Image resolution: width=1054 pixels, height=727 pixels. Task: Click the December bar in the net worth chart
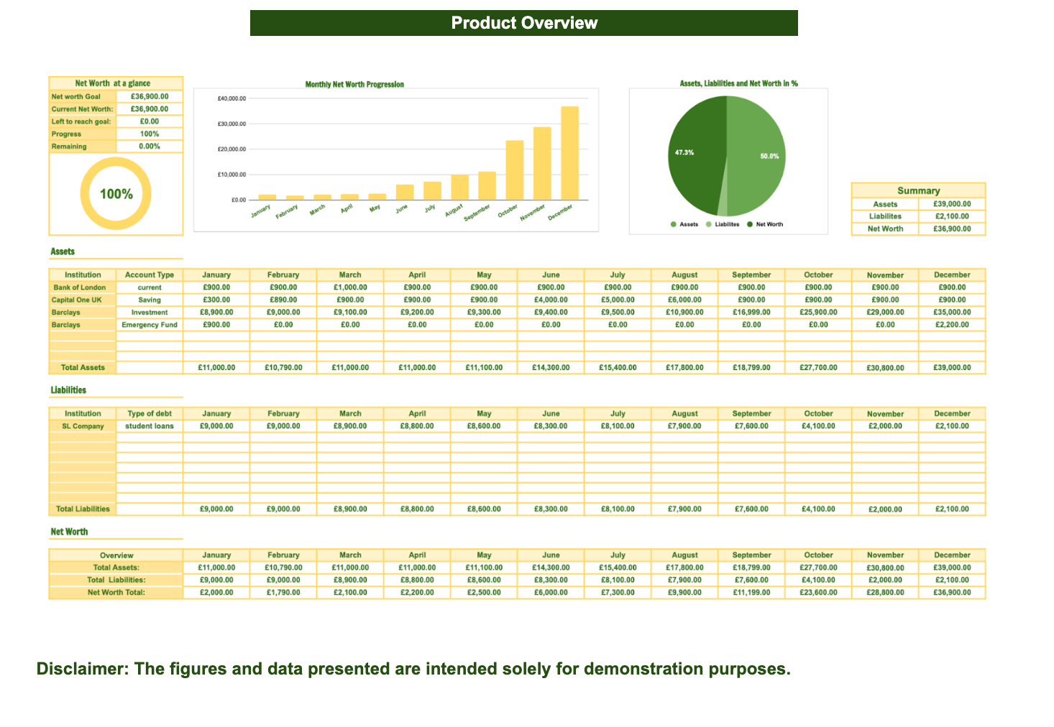click(569, 153)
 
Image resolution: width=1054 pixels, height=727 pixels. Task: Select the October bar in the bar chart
click(514, 170)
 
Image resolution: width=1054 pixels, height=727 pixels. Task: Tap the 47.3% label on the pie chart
click(684, 152)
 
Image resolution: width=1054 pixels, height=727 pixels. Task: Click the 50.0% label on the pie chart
click(769, 156)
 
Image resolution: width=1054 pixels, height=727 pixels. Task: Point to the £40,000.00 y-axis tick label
click(231, 98)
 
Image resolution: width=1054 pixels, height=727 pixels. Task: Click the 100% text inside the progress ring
click(116, 194)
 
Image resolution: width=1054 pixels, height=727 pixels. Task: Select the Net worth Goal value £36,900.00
click(150, 96)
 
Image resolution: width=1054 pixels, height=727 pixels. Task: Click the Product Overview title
click(524, 23)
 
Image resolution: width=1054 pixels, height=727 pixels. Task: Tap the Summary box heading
click(918, 190)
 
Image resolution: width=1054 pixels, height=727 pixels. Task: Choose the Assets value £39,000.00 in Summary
click(952, 204)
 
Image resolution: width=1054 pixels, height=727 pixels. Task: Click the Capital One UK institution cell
click(77, 300)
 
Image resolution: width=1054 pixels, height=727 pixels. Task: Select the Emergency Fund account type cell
click(150, 325)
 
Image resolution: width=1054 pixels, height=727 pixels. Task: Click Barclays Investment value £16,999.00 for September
click(751, 312)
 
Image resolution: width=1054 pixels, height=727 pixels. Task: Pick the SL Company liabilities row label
click(83, 426)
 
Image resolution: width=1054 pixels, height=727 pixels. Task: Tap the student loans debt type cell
click(150, 426)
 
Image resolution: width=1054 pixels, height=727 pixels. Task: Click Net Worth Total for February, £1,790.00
click(283, 593)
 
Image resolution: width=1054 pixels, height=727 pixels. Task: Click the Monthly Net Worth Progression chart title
click(354, 85)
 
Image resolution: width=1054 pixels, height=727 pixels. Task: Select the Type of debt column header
click(150, 414)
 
